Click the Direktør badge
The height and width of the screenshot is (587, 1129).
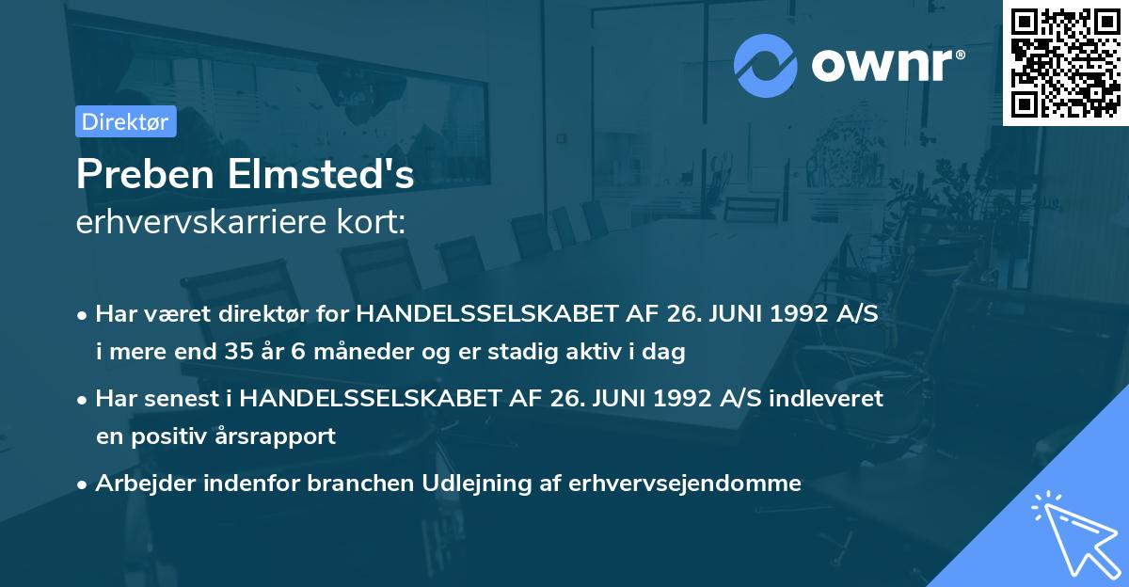(125, 121)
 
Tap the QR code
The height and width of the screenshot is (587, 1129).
(1065, 62)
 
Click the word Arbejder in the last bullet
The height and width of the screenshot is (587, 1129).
(139, 484)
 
